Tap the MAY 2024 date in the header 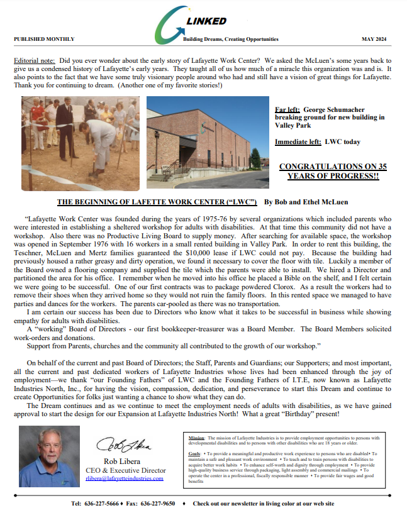(x=376, y=39)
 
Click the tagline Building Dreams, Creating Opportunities (x=230, y=39)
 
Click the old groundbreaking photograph (x=81, y=143)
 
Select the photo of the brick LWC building (x=208, y=143)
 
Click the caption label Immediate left (x=298, y=141)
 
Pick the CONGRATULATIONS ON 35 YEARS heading (x=333, y=171)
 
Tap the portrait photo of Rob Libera (x=50, y=456)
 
